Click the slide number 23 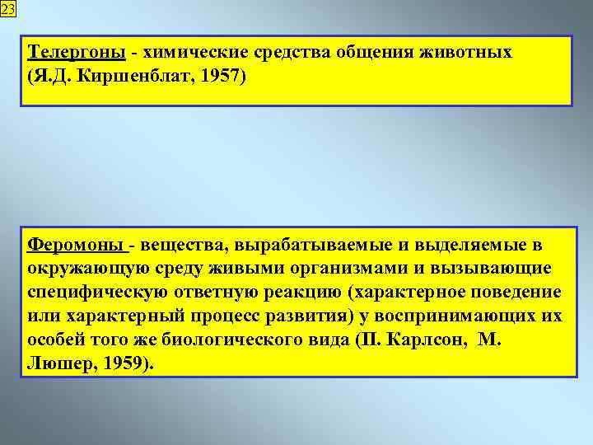[x=7, y=8]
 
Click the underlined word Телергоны [x=77, y=54]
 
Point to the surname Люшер [x=57, y=363]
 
